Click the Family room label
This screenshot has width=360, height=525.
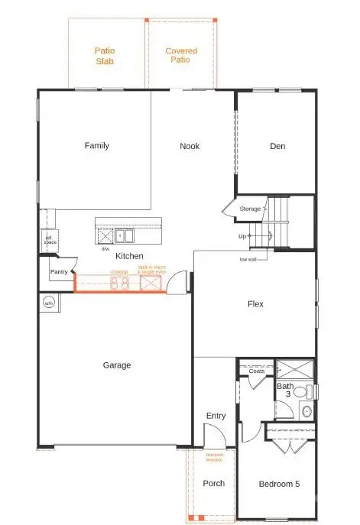point(97,146)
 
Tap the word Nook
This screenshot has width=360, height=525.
point(190,146)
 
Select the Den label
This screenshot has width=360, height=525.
point(277,146)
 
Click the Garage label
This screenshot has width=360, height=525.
point(117,365)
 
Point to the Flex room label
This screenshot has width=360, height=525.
point(255,303)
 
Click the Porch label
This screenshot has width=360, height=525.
point(214,484)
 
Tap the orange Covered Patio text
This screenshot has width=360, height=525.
point(182,56)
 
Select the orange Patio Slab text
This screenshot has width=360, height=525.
point(105,56)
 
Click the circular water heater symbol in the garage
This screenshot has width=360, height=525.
point(50,303)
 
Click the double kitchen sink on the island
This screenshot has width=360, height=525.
point(123,235)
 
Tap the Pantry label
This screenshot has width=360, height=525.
point(59,271)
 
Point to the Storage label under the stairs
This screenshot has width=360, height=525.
point(250,208)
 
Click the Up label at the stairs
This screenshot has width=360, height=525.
point(242,236)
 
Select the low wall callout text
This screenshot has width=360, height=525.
point(248,259)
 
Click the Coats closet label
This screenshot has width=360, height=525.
point(257,371)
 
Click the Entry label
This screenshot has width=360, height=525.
point(216,416)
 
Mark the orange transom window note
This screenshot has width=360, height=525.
point(215,457)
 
